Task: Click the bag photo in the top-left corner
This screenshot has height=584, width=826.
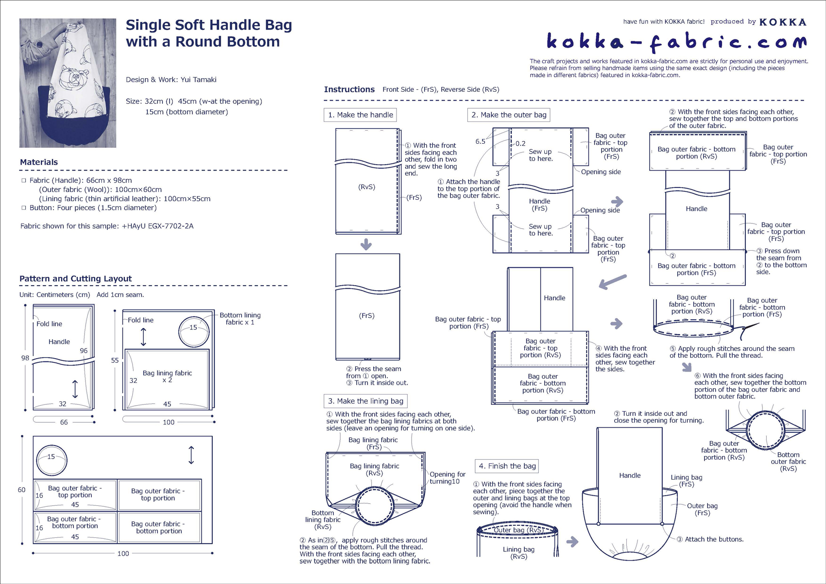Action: point(68,83)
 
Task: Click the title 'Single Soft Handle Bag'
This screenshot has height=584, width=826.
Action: point(209,25)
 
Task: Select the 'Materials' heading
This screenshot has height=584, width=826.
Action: point(39,162)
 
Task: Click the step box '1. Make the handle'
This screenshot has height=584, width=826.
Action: point(360,115)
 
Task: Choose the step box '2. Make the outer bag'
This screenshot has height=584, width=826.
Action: point(509,115)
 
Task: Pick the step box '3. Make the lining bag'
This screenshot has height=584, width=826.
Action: point(365,401)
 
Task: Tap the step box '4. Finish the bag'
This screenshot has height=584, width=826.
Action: point(507,466)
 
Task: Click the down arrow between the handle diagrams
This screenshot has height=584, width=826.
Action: point(366,244)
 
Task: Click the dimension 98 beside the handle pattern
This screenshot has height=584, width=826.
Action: point(25,358)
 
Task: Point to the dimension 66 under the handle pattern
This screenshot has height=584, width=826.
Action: point(64,423)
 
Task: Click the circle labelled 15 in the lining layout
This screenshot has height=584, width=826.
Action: point(194,332)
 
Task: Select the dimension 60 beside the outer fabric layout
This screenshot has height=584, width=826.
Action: point(21,490)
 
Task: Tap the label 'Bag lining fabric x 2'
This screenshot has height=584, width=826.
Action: point(167,377)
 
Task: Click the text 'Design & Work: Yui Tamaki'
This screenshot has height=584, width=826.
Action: point(171,80)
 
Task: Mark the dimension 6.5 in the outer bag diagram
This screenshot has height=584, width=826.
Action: point(480,142)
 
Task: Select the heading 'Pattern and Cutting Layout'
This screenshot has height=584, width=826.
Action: point(75,279)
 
